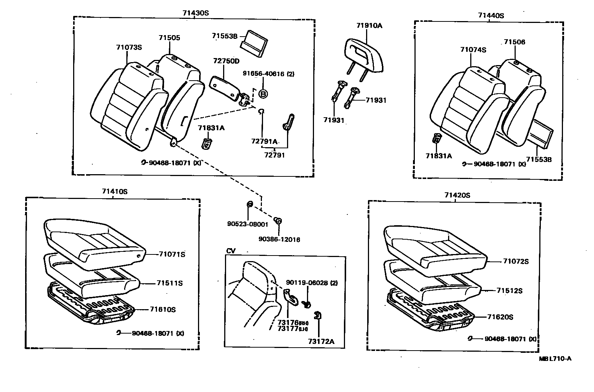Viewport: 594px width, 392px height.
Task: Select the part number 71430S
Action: point(195,13)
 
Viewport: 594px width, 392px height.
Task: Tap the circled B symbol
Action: point(263,94)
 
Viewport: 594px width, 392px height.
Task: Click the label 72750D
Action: point(226,61)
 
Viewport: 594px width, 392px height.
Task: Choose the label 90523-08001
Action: point(247,224)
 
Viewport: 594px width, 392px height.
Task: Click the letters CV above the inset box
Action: point(231,251)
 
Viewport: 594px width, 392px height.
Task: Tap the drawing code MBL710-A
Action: point(555,358)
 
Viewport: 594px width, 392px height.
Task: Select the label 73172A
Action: point(321,341)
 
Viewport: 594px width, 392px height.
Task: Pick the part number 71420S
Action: point(457,195)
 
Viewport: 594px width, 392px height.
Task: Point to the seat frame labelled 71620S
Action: point(430,311)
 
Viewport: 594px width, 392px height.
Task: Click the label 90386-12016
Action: point(279,240)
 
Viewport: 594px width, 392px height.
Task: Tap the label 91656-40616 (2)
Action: point(268,74)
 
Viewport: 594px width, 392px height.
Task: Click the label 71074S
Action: point(473,50)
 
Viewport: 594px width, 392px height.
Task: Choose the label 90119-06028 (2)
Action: point(312,283)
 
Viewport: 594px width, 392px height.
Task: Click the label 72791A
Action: point(264,141)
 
